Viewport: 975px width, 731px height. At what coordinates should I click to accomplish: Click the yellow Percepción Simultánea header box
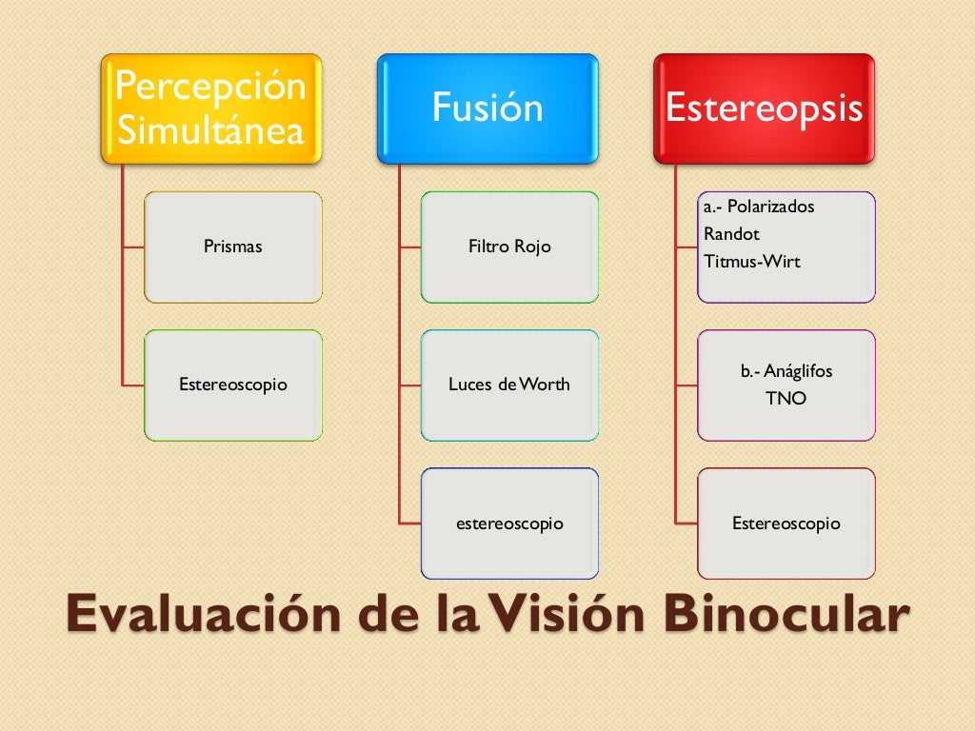point(212,108)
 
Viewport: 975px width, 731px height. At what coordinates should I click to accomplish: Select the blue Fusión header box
point(487,108)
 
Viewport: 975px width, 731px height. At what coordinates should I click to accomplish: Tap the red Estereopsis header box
point(764,108)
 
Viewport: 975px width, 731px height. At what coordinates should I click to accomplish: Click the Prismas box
point(233,247)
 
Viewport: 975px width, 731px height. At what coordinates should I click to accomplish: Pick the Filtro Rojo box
point(509,247)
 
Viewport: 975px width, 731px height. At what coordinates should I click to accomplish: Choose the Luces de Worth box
point(509,385)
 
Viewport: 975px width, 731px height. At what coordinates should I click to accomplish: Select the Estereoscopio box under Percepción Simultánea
point(233,385)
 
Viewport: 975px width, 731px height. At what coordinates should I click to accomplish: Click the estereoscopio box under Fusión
point(509,524)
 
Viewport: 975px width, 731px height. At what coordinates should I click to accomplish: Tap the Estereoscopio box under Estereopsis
point(786,524)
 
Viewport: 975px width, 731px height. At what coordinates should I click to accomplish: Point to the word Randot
point(731,234)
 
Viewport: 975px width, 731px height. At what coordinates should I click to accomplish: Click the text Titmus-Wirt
point(752,261)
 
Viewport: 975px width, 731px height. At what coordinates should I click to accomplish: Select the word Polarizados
point(771,207)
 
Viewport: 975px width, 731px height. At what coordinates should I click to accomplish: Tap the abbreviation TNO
point(786,399)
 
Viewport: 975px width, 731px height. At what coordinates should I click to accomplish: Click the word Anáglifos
point(798,371)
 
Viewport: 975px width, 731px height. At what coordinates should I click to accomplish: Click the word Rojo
point(532,247)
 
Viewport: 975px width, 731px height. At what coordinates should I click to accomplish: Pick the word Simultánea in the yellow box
point(211,130)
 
